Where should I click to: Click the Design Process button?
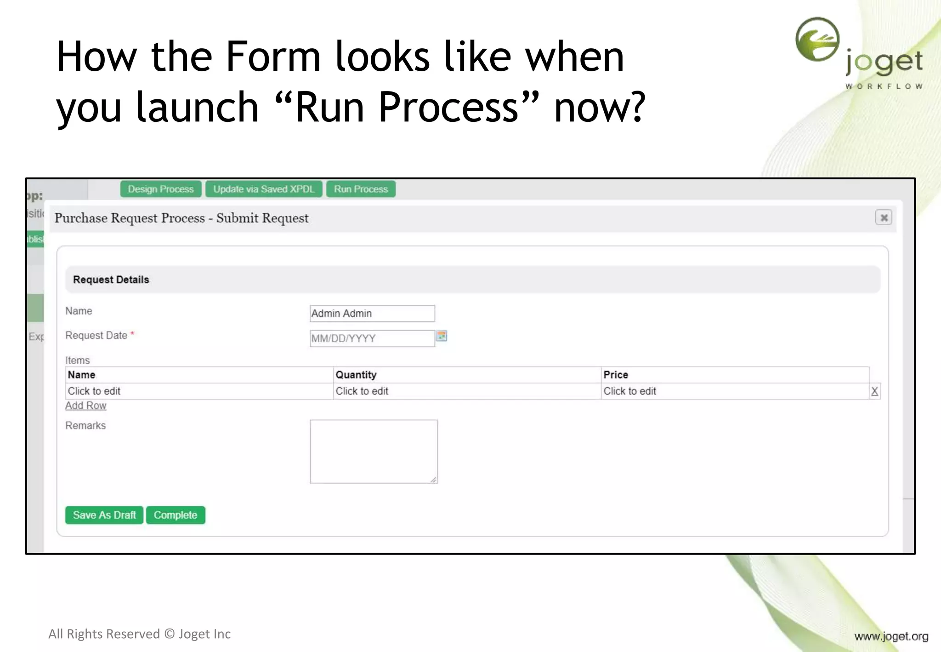(160, 189)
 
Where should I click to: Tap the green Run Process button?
(361, 189)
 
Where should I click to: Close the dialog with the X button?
(883, 217)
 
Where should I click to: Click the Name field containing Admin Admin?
(372, 314)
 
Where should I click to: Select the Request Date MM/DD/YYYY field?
(372, 339)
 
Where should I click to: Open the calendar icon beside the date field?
(442, 336)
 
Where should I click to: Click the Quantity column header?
(356, 375)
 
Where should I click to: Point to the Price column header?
(616, 375)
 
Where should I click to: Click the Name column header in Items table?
(82, 375)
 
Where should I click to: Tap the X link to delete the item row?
(874, 391)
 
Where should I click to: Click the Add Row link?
(86, 406)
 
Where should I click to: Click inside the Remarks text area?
(373, 451)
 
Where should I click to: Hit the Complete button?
(176, 515)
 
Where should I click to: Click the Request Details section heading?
(111, 280)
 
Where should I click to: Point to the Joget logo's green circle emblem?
(817, 40)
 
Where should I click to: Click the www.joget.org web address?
(891, 636)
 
